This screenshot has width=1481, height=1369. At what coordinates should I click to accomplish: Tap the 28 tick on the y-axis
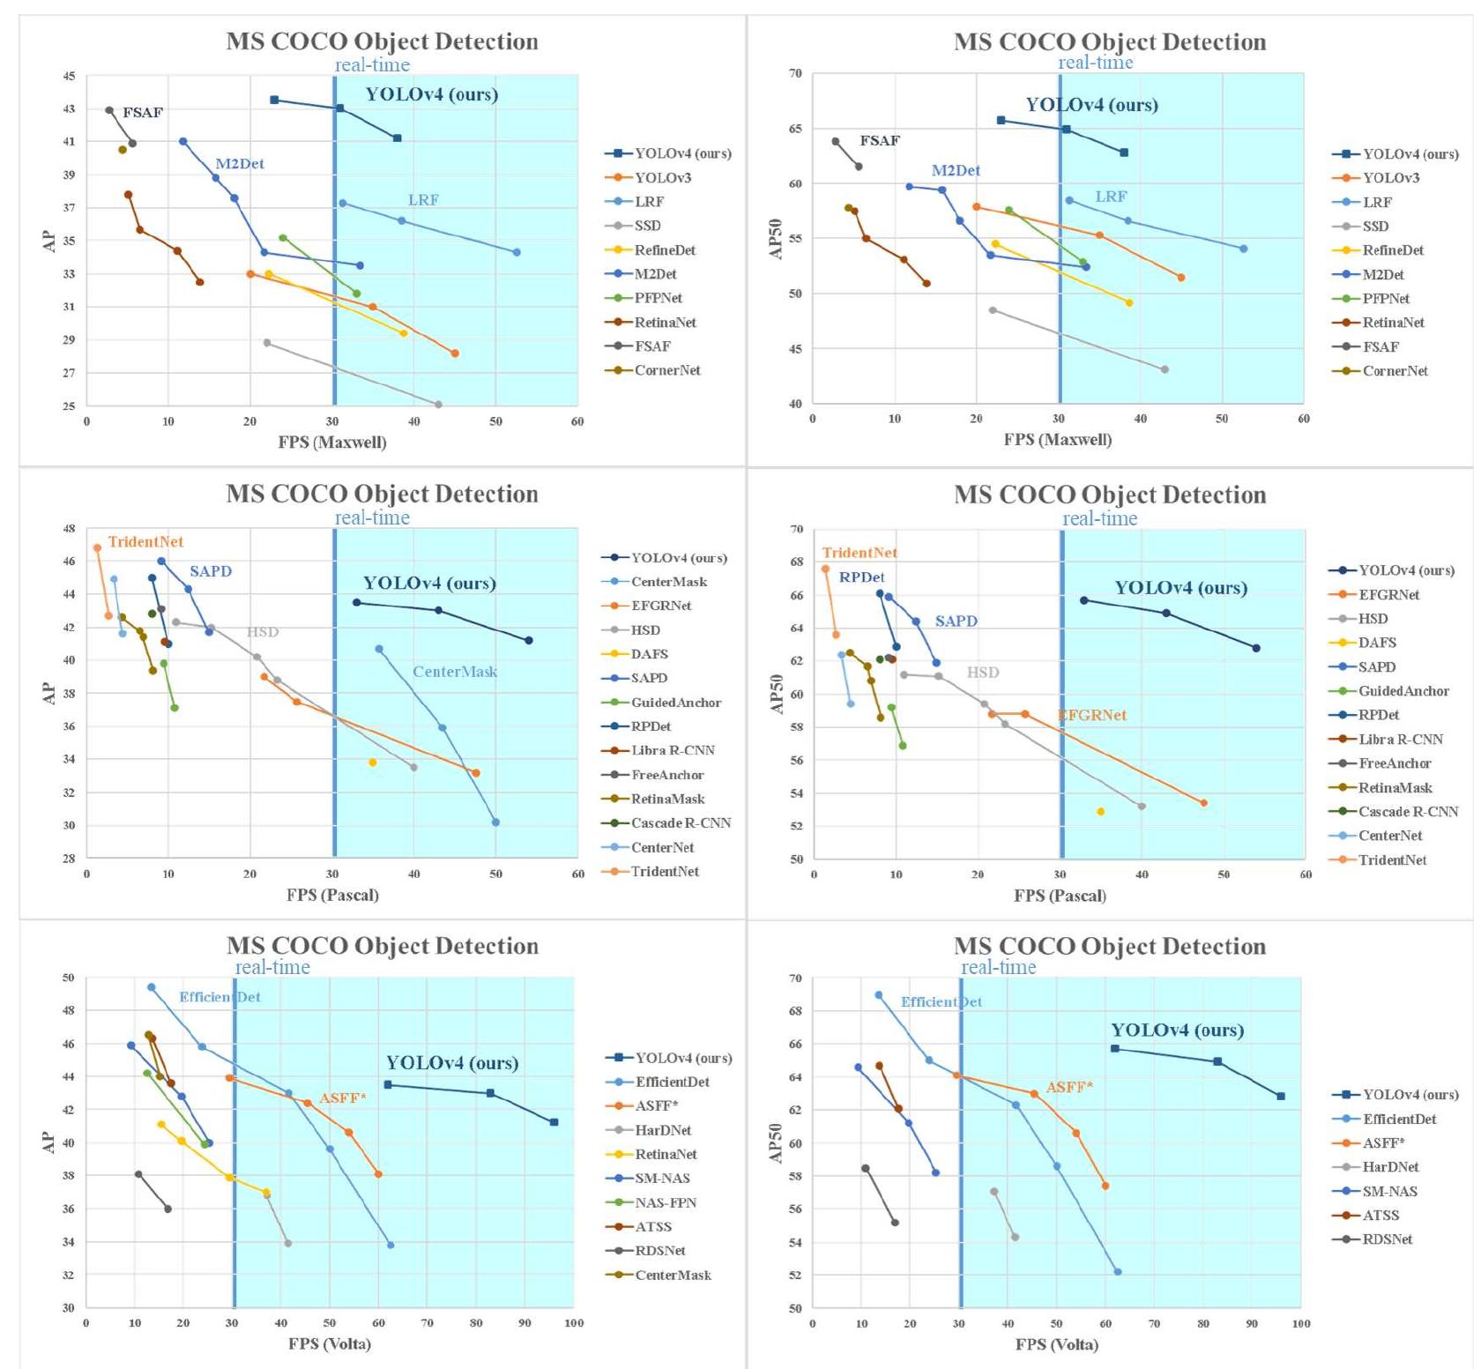coord(69,859)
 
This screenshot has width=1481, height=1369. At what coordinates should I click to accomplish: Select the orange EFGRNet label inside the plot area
coord(1092,715)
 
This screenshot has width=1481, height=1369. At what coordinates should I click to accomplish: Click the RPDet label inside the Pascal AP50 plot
coord(861,577)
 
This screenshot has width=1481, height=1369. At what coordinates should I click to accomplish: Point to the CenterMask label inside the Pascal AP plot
coord(455,672)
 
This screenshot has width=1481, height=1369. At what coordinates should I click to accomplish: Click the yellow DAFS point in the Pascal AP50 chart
coord(1100,811)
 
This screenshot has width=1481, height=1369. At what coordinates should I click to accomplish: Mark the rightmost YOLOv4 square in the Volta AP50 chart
coord(1280,1096)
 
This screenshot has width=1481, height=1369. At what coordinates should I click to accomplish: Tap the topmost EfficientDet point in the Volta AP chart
coord(152,987)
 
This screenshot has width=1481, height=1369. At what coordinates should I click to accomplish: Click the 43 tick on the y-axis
coord(69,108)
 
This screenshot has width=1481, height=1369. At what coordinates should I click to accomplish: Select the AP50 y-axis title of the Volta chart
coord(777,1143)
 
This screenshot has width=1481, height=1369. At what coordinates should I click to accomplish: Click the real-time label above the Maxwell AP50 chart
coord(1095,63)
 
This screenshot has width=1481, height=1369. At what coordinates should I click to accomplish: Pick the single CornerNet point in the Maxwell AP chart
coord(123,150)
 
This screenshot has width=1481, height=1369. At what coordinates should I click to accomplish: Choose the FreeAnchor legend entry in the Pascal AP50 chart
coord(1395,763)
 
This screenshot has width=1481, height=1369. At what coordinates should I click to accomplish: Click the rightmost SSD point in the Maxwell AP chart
coord(438,405)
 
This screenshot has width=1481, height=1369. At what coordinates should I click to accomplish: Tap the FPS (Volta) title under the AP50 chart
coord(1056,1344)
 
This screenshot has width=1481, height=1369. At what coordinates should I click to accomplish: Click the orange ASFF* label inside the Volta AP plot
coord(343,1098)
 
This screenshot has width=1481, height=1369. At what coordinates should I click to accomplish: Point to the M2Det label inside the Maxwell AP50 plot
coord(956,170)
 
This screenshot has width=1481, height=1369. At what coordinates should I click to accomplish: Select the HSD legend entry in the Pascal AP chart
coord(645,630)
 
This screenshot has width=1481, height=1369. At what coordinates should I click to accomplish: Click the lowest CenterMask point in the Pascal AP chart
coord(495,822)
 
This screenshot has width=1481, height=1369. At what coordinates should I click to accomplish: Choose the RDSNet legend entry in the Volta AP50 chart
coord(1387,1239)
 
